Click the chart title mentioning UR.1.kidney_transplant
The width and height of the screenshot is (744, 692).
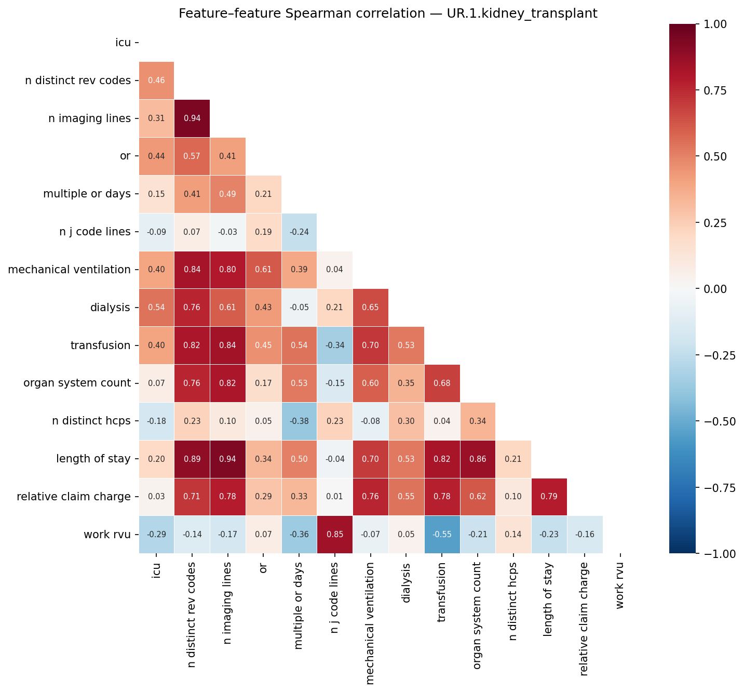click(388, 14)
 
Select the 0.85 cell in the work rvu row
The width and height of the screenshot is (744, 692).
click(335, 535)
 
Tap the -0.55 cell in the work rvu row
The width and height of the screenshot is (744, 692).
click(442, 535)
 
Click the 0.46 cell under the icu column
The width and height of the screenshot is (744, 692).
click(156, 81)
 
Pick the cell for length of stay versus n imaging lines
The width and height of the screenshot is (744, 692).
click(227, 459)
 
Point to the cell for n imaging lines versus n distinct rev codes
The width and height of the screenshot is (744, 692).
click(192, 118)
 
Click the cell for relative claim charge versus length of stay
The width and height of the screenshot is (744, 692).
click(549, 497)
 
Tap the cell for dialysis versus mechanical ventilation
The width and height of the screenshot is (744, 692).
click(370, 308)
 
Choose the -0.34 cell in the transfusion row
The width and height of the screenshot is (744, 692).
click(335, 345)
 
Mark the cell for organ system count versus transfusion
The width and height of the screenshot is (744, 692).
click(442, 383)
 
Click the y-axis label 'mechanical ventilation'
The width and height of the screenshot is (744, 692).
click(69, 270)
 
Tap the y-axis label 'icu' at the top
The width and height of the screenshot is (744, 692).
click(123, 43)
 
